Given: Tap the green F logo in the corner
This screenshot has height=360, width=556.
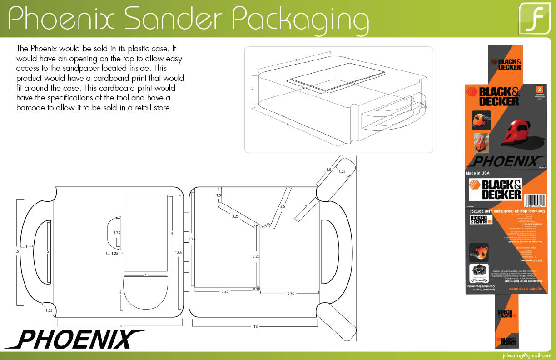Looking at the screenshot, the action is pyautogui.click(x=535, y=19).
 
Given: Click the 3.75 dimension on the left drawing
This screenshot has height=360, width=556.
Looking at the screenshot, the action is pyautogui.click(x=117, y=233).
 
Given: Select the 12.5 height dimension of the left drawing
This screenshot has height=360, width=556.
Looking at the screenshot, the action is pyautogui.click(x=178, y=252).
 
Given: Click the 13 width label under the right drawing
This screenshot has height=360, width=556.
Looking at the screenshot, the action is pyautogui.click(x=255, y=326).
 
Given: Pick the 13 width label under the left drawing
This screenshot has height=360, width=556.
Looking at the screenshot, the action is pyautogui.click(x=119, y=326).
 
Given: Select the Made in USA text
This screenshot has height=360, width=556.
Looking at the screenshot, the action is pyautogui.click(x=478, y=173).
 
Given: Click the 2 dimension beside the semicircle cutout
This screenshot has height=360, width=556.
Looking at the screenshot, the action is pyautogui.click(x=120, y=291).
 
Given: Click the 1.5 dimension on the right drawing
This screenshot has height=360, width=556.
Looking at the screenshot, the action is pyautogui.click(x=218, y=195).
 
